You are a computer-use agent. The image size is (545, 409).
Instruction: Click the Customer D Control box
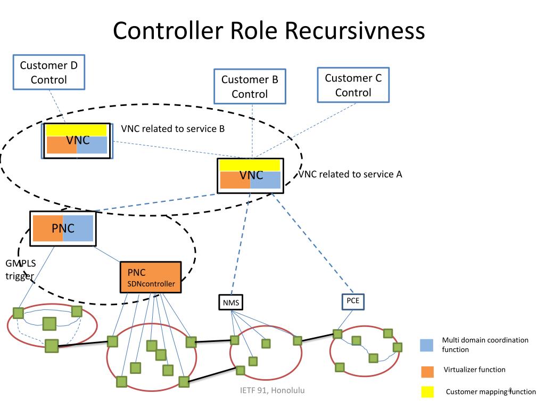(x=48, y=72)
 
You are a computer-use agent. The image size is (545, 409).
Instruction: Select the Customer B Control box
(x=250, y=86)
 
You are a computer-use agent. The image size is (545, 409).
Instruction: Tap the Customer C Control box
(x=353, y=85)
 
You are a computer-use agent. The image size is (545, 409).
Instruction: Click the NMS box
(x=231, y=302)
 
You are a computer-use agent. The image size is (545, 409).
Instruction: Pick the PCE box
(x=353, y=301)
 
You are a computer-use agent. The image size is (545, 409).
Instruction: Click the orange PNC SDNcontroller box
(x=151, y=277)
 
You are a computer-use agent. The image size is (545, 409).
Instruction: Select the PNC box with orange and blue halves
(x=63, y=228)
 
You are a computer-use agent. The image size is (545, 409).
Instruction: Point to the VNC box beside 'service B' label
(x=77, y=141)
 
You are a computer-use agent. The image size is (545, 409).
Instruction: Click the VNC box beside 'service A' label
(x=250, y=176)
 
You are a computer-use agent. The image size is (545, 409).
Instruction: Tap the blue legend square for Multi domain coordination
(x=426, y=345)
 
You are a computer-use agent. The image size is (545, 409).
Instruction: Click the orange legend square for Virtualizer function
(x=427, y=371)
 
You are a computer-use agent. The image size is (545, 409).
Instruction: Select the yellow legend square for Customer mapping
(x=427, y=391)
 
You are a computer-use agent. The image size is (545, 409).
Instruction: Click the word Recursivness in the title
(x=355, y=30)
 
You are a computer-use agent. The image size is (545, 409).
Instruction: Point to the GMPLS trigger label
(x=20, y=269)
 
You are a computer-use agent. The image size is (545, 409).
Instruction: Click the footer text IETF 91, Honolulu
(x=272, y=390)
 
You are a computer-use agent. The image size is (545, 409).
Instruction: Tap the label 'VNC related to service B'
(x=173, y=129)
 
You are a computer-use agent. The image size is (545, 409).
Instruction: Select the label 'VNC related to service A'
(x=350, y=174)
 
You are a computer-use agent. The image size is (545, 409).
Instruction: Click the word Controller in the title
(x=168, y=30)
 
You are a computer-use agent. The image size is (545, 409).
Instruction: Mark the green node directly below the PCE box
(x=337, y=334)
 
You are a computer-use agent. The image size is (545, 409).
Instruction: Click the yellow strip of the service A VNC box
(x=250, y=166)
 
